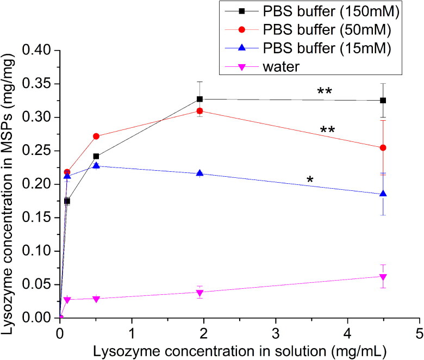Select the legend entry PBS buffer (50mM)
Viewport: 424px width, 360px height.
click(308, 29)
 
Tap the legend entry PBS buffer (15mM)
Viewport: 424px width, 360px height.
click(308, 48)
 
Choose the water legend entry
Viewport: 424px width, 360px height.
click(262, 66)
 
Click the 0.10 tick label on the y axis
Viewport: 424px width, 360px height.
click(37, 251)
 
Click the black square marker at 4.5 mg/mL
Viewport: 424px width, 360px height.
click(383, 101)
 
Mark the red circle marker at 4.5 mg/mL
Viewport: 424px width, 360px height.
click(383, 148)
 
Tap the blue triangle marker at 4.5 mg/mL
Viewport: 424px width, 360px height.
click(383, 194)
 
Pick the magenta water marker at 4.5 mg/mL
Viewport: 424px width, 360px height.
click(383, 277)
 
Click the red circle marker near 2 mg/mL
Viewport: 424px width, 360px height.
click(200, 111)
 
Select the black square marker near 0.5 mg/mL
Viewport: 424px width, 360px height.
click(96, 156)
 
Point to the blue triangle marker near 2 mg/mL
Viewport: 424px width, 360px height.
click(200, 173)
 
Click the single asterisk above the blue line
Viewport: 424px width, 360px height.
click(310, 179)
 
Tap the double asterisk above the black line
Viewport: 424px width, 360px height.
click(324, 91)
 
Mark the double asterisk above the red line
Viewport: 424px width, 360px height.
click(327, 130)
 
